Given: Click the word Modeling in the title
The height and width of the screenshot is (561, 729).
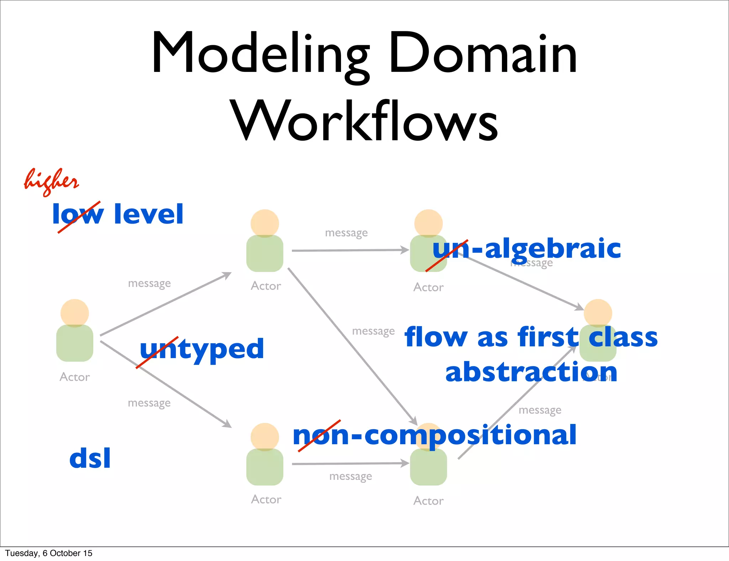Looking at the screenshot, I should tap(260, 53).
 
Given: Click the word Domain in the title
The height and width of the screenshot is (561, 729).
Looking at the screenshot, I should tap(482, 53).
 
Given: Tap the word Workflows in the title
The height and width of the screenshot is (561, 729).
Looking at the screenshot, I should tap(365, 121).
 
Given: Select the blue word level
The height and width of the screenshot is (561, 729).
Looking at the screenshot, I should tap(148, 214).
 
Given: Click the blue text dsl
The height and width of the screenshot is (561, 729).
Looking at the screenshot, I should tap(90, 458).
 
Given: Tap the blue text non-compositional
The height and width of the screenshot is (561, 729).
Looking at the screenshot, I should tap(434, 435).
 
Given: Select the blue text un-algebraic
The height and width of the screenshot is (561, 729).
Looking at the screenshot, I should tap(527, 248).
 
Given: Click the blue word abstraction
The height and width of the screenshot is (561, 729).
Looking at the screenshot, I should tap(531, 372).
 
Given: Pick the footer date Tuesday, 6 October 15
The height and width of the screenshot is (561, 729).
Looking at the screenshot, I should tap(49, 553).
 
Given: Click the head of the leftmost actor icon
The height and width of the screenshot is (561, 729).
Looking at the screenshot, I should tap(75, 313).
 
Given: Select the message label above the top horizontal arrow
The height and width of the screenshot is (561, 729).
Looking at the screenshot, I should tap(346, 233).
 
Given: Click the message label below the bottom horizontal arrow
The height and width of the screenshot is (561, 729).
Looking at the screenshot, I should tap(351, 476).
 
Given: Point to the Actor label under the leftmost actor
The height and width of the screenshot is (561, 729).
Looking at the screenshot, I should tap(75, 377).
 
